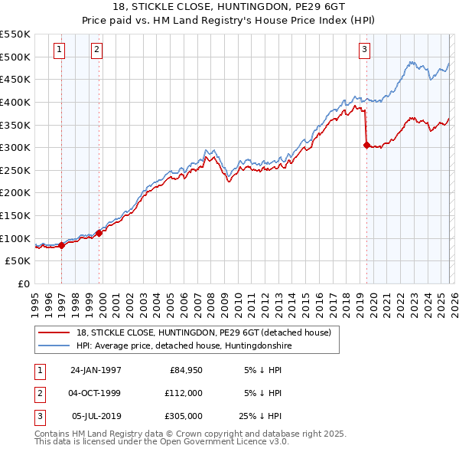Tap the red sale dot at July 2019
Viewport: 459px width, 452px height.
point(366,145)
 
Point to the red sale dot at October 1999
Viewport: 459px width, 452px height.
point(99,233)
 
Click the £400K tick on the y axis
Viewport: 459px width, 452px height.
point(15,102)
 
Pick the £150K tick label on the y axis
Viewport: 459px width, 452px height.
point(15,215)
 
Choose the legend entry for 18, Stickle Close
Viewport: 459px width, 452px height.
point(203,332)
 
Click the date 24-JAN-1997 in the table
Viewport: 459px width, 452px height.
point(96,369)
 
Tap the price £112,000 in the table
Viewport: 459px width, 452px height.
point(184,393)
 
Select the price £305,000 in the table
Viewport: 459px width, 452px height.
point(184,417)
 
